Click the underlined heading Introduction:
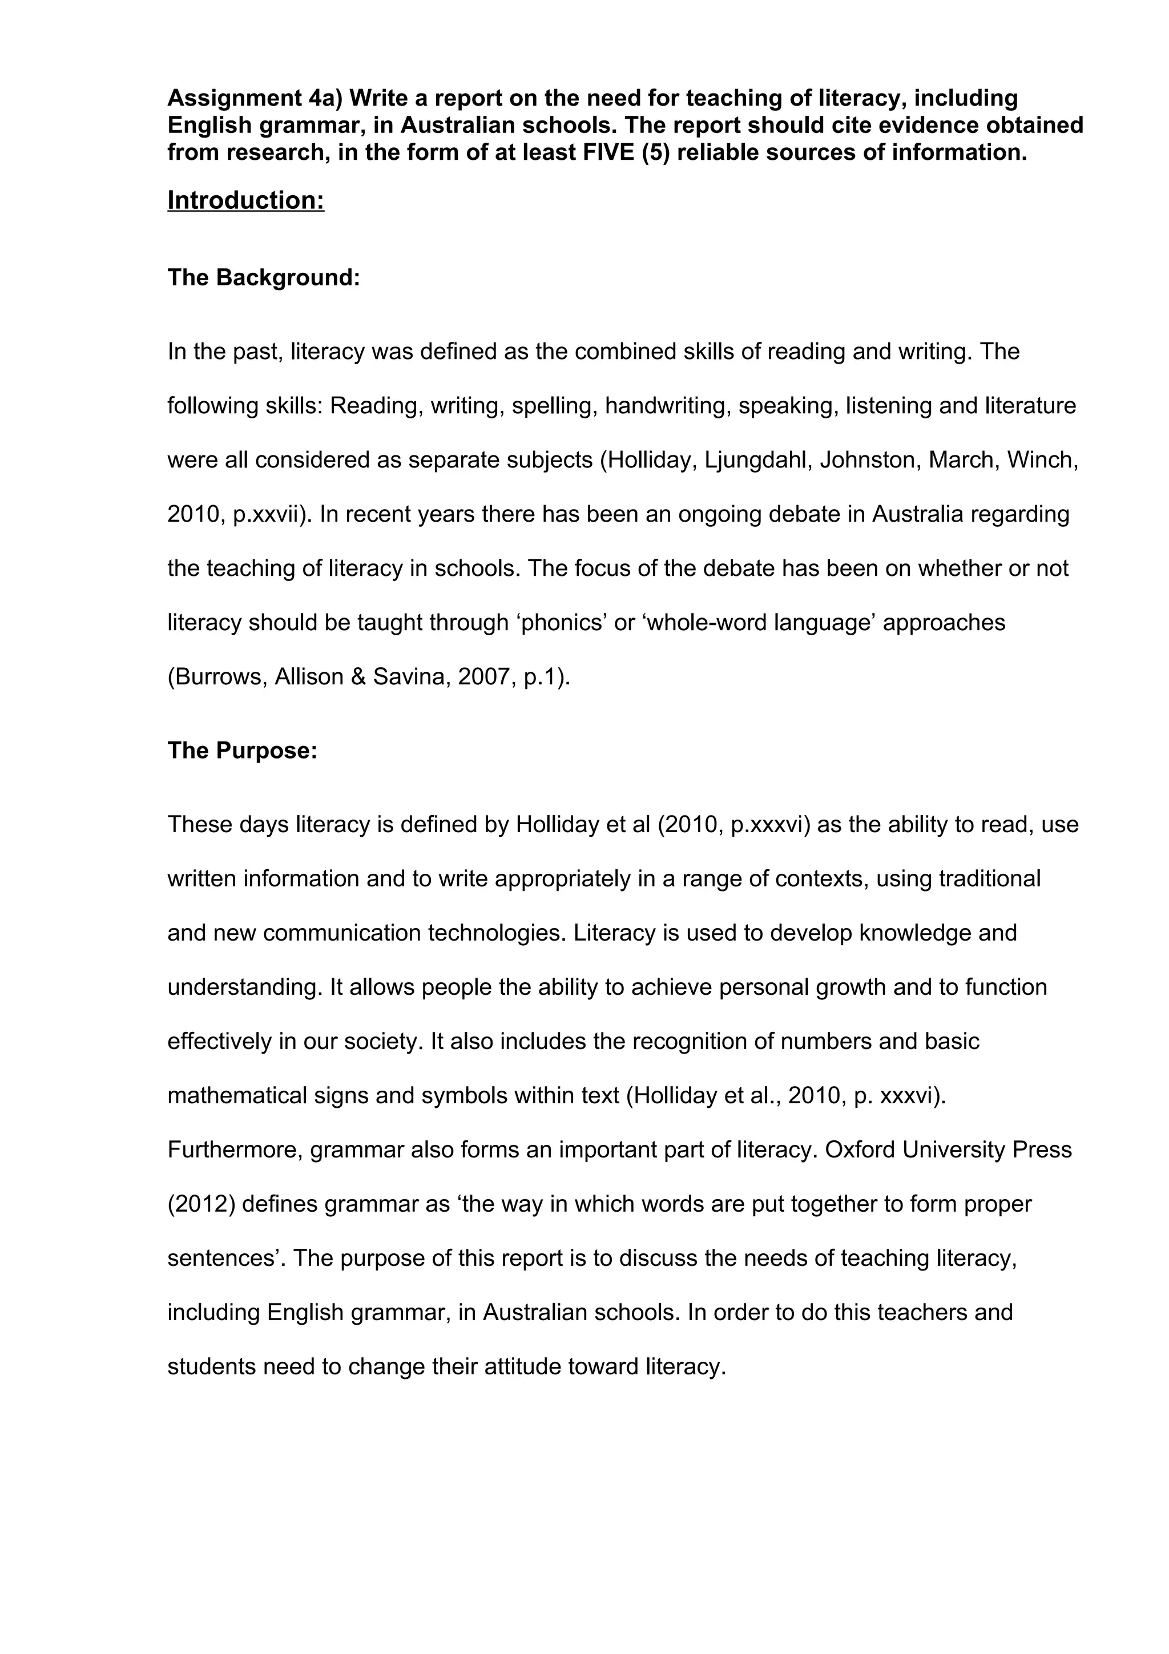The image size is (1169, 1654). pos(245,200)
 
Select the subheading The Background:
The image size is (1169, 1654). pos(264,277)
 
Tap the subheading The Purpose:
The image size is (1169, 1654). pos(242,751)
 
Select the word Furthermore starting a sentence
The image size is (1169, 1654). pos(234,1149)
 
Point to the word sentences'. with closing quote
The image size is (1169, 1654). pos(225,1258)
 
